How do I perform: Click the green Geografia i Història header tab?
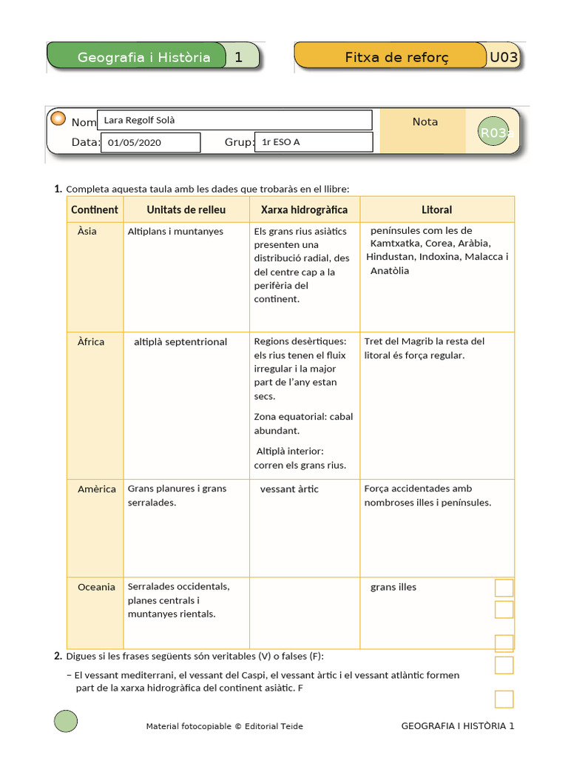143,57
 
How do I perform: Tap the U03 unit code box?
504,57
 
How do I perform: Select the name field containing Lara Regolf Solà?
234,120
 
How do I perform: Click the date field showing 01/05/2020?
151,142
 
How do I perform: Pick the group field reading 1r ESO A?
313,142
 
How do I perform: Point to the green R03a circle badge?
494,133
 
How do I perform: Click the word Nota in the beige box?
425,121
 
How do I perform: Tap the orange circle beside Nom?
58,119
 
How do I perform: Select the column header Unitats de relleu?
186,209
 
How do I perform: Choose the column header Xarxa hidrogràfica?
304,209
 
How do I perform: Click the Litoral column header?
436,209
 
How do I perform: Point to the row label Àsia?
87,231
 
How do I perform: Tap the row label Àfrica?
91,342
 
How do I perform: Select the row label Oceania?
96,587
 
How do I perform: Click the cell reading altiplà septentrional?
180,342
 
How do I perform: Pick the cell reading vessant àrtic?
289,489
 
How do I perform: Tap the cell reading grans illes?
393,587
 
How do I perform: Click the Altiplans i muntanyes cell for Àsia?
175,231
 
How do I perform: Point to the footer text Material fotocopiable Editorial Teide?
224,726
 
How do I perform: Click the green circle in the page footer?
66,721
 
